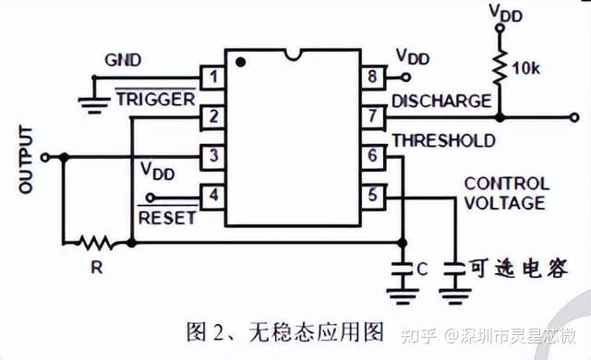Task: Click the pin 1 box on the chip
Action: [x=213, y=78]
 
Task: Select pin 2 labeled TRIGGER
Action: [x=213, y=116]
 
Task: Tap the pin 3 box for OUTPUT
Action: [x=213, y=156]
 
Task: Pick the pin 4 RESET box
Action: [x=213, y=196]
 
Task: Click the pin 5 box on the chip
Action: [x=372, y=196]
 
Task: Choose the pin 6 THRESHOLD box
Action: [x=372, y=156]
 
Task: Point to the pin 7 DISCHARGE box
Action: [x=372, y=116]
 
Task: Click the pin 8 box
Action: [x=372, y=78]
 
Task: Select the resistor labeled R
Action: [x=95, y=243]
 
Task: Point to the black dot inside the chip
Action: [x=241, y=63]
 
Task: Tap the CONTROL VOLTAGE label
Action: [x=505, y=193]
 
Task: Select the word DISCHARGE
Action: [x=440, y=100]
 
